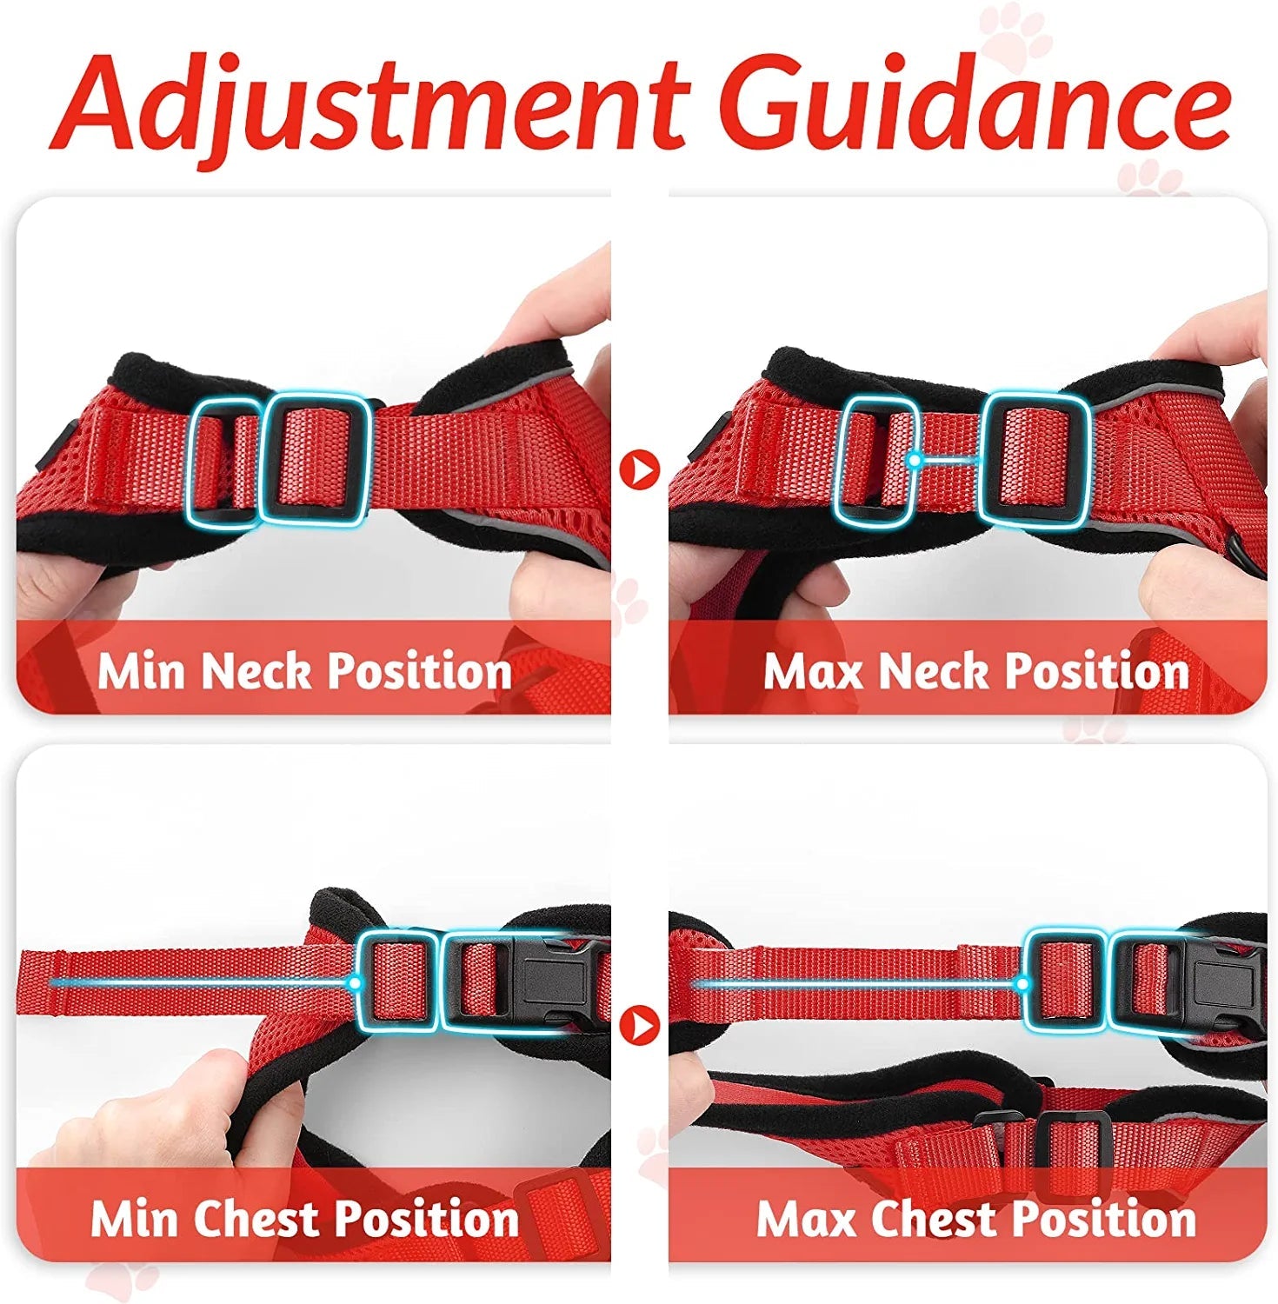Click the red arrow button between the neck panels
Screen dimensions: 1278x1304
pyautogui.click(x=640, y=469)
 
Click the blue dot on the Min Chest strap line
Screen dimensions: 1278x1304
pyautogui.click(x=355, y=983)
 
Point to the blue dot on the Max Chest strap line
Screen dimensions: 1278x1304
pyautogui.click(x=1023, y=984)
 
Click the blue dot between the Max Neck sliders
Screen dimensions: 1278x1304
pyautogui.click(x=914, y=460)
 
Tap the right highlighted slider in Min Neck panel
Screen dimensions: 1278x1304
pyautogui.click(x=316, y=457)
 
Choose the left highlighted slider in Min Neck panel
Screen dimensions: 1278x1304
pyautogui.click(x=223, y=462)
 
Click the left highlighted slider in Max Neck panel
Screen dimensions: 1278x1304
pyautogui.click(x=873, y=460)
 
